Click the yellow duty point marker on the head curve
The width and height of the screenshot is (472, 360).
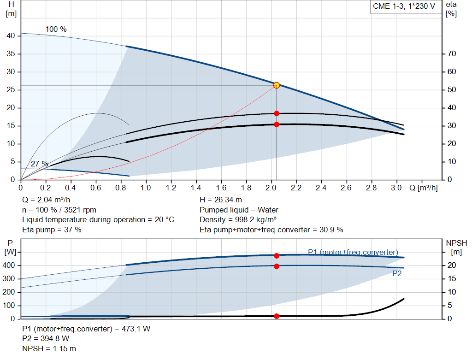[x=277, y=85]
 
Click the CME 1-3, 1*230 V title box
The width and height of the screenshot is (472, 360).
[x=404, y=7]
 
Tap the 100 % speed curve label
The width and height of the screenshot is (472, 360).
[x=56, y=30]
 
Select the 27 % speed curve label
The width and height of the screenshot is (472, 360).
[x=40, y=164]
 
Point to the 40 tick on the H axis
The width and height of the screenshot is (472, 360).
[x=12, y=36]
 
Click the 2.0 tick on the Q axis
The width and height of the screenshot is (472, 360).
[x=271, y=188]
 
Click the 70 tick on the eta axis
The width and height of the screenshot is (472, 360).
[x=451, y=54]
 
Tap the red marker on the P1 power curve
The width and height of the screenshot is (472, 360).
[x=277, y=256]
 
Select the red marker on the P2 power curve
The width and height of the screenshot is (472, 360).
[x=277, y=266]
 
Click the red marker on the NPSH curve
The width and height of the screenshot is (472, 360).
[x=277, y=316]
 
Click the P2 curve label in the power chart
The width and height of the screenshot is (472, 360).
[x=397, y=273]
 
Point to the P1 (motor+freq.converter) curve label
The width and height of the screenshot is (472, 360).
[x=353, y=252]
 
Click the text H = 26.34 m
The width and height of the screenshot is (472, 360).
[x=220, y=200]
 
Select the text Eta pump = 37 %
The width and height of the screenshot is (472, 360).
[x=52, y=230]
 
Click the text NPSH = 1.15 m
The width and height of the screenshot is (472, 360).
[x=49, y=348]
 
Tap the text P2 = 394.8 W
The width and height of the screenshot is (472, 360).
[x=46, y=339]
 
